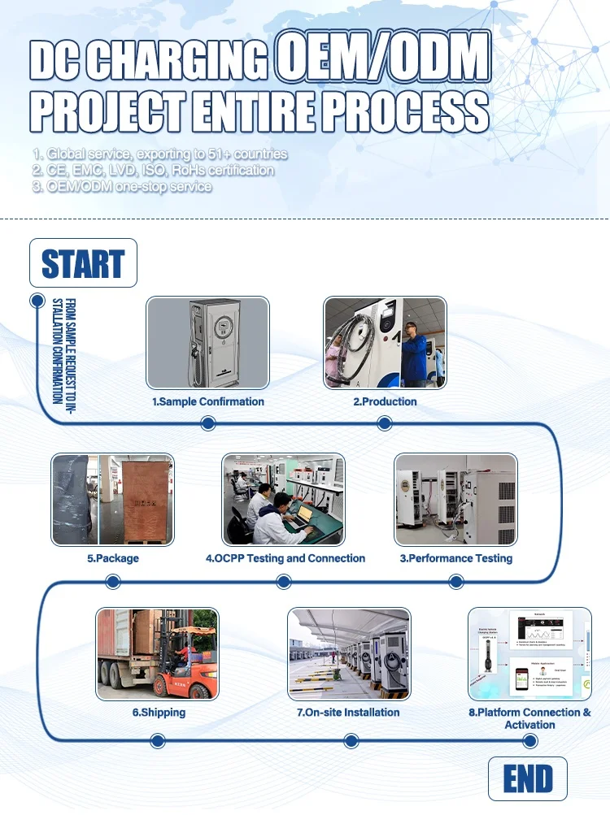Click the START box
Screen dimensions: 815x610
pyautogui.click(x=83, y=263)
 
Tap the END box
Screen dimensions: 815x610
pyautogui.click(x=528, y=778)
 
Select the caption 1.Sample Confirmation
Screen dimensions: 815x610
pyautogui.click(x=208, y=401)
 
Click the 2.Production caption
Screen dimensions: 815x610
pyautogui.click(x=385, y=401)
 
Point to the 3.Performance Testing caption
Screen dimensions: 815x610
pyautogui.click(x=455, y=558)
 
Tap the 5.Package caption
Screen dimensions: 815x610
pyautogui.click(x=113, y=558)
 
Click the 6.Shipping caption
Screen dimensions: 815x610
pyautogui.click(x=159, y=713)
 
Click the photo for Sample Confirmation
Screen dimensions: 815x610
pyautogui.click(x=207, y=342)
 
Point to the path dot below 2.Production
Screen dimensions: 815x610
pyautogui.click(x=385, y=423)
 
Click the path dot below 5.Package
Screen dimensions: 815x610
pyautogui.click(x=113, y=581)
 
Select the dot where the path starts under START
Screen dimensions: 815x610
pyautogui.click(x=37, y=301)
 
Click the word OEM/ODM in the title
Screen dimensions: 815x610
pyautogui.click(x=382, y=59)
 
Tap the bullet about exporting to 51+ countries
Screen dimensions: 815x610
pyautogui.click(x=160, y=154)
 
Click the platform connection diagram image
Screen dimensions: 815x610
pyautogui.click(x=529, y=653)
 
